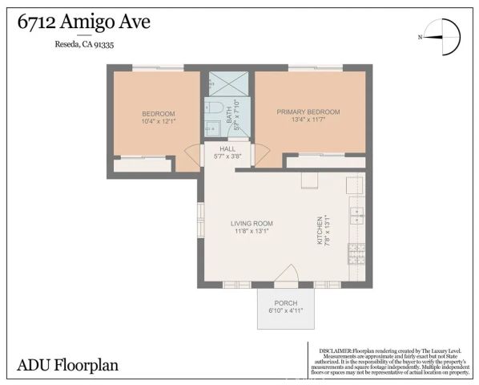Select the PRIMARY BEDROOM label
308,111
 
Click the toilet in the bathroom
214,107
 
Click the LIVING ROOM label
252,223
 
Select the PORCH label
285,303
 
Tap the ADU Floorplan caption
67,366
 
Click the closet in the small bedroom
143,165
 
